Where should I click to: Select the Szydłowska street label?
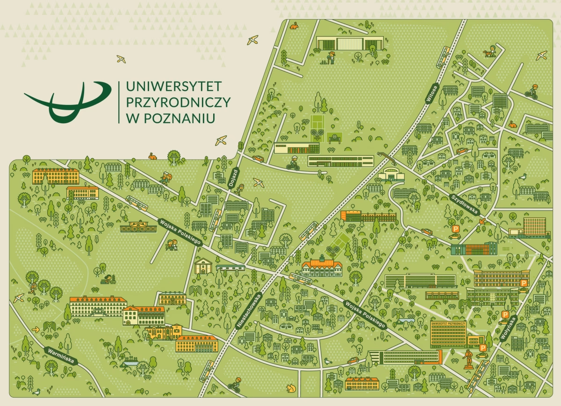[x=465, y=205]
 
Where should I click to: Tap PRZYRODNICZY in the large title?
[x=175, y=102]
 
